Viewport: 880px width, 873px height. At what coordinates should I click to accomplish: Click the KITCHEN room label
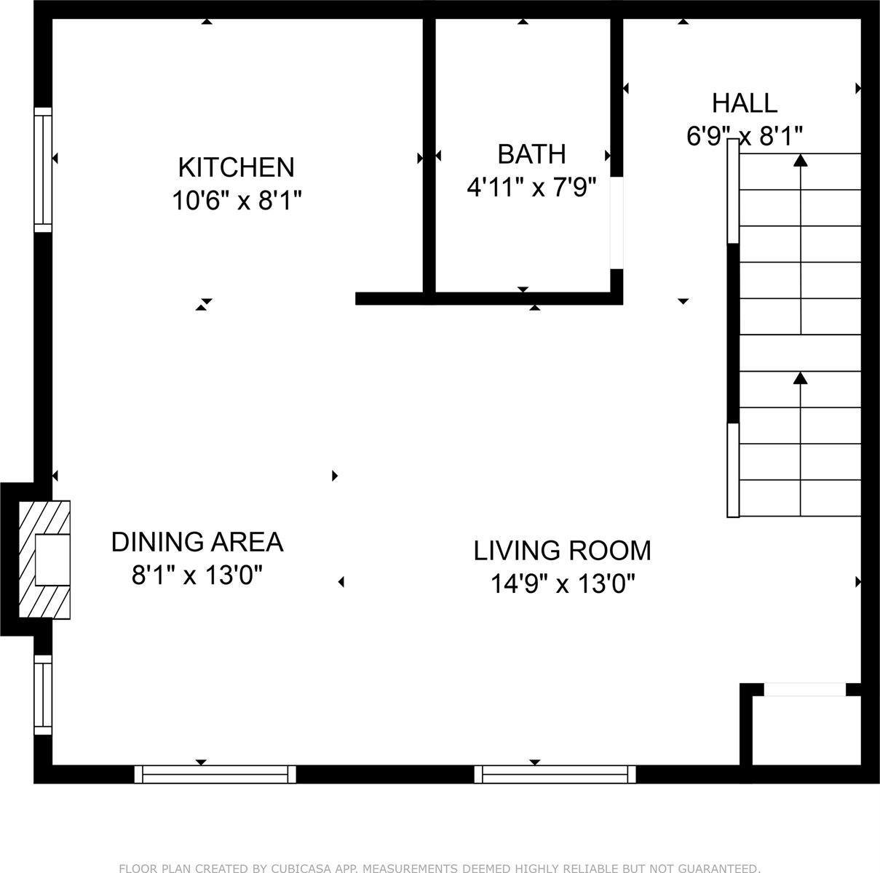tap(236, 167)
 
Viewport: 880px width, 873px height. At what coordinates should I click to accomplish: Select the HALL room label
tap(744, 103)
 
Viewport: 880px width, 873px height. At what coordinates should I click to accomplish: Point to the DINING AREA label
tap(197, 542)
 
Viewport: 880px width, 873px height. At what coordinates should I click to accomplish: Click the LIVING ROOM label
tap(562, 551)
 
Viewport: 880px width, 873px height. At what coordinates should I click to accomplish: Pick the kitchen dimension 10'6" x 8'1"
tap(236, 200)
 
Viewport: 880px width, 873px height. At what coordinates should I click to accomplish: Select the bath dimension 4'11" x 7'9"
tap(531, 188)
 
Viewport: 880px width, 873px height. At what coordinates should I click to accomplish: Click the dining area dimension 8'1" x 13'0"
tap(197, 575)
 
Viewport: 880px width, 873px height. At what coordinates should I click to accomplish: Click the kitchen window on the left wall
tap(44, 170)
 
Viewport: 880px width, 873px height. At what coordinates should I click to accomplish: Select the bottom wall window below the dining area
tap(215, 774)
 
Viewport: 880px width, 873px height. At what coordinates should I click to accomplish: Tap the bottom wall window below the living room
tap(555, 774)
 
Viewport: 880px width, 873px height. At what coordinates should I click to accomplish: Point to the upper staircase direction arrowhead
tap(801, 160)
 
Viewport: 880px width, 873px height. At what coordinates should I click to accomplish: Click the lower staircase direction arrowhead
tap(801, 378)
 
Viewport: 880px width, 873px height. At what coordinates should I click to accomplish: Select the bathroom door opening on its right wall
tap(617, 223)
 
